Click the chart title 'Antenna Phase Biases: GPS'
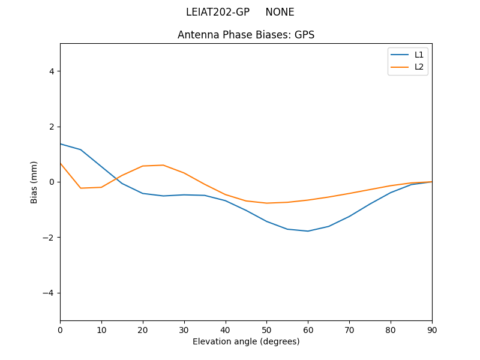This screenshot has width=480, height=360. [x=246, y=35]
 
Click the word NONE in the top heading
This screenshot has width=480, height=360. [x=280, y=12]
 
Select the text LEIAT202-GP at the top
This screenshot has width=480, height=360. [x=218, y=12]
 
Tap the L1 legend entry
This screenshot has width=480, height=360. [x=419, y=55]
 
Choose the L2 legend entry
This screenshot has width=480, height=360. [x=419, y=67]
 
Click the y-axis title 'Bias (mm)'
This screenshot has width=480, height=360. [x=34, y=182]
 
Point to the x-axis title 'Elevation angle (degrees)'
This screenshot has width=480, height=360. [x=246, y=341]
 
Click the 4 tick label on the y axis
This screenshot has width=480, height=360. [x=51, y=71]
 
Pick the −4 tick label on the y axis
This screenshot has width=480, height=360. [x=49, y=293]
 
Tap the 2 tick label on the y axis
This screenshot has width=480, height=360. [x=51, y=127]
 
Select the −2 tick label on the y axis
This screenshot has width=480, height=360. [x=49, y=238]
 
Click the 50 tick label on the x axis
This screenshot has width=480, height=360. [x=266, y=329]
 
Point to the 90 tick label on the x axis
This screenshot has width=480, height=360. [x=432, y=329]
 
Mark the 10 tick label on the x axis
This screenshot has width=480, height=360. [x=101, y=329]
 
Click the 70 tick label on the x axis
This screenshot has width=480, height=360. [x=349, y=329]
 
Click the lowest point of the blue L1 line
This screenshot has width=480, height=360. [x=308, y=231]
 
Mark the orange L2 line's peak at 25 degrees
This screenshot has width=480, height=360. [x=163, y=165]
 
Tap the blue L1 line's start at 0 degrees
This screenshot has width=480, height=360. [x=61, y=143]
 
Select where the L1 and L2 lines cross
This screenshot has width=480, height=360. [x=117, y=179]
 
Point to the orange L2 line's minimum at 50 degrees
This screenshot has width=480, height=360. [x=266, y=203]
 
